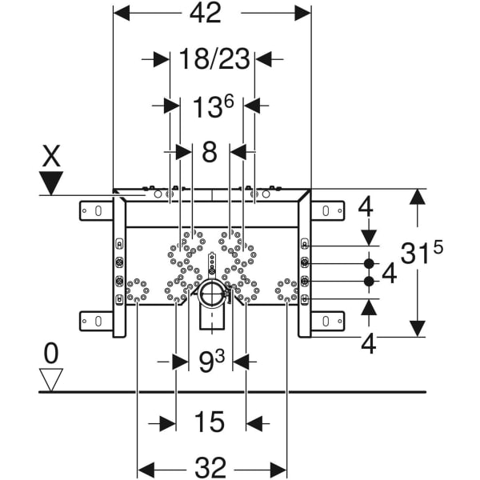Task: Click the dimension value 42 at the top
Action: pyautogui.click(x=212, y=14)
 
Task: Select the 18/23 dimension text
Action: pyautogui.click(x=212, y=60)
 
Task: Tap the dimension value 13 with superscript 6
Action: pyautogui.click(x=211, y=106)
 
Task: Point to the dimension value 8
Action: pyautogui.click(x=209, y=151)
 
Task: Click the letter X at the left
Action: pyautogui.click(x=50, y=157)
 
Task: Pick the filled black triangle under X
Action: pyautogui.click(x=50, y=184)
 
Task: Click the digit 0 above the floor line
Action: pyautogui.click(x=51, y=353)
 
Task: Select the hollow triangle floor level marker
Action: pyautogui.click(x=51, y=380)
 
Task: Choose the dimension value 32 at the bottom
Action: pyautogui.click(x=212, y=467)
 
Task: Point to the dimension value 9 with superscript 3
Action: pyautogui.click(x=211, y=362)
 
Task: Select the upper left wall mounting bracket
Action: pyautogui.click(x=97, y=211)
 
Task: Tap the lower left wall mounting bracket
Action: pyautogui.click(x=97, y=322)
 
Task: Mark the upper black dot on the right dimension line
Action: pyautogui.click(x=369, y=263)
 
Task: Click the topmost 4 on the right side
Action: pyautogui.click(x=366, y=206)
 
